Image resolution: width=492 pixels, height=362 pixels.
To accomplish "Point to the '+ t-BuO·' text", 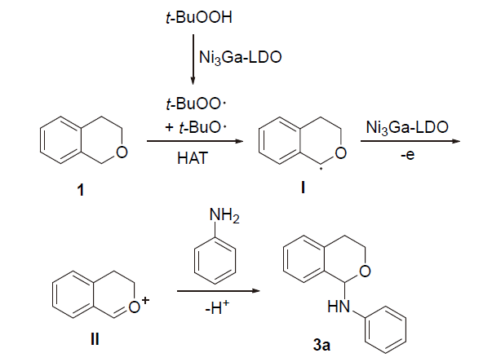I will click(x=193, y=125).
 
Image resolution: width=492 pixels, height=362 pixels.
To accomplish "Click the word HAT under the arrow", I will click(x=193, y=159).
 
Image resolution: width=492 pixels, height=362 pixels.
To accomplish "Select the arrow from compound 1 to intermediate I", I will click(x=194, y=142).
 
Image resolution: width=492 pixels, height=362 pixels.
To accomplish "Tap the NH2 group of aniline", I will click(x=222, y=215).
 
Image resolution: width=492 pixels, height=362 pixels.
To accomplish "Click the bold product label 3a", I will click(x=321, y=345).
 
